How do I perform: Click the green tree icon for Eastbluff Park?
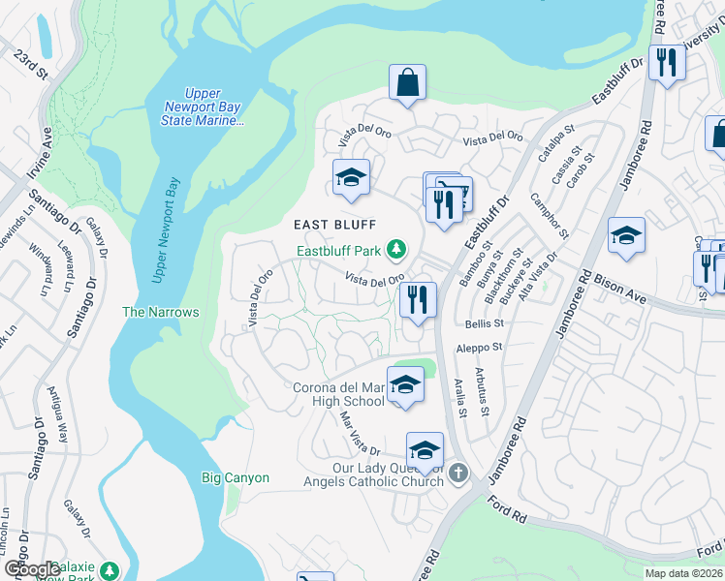point(395,251)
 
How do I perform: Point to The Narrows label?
point(160,312)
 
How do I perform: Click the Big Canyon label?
point(235,477)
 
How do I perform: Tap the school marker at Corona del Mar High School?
point(406,385)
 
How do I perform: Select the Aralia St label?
point(462,397)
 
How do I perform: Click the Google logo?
point(32,569)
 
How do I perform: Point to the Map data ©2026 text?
point(683,573)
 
